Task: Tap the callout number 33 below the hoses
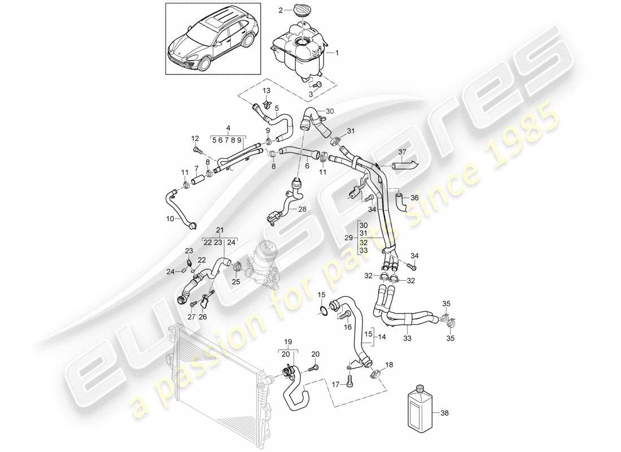408,339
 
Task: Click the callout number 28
303,210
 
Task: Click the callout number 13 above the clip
266,90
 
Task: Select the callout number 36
414,198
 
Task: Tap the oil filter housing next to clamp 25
265,263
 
